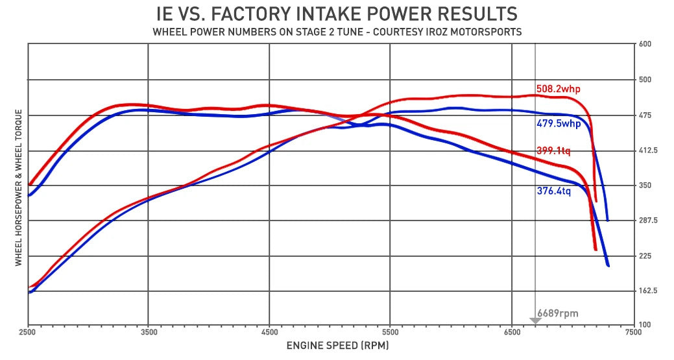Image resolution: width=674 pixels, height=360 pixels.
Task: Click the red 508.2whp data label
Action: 558,90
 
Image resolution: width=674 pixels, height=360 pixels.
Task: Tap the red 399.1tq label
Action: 553,150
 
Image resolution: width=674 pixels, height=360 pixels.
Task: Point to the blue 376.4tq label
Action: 553,191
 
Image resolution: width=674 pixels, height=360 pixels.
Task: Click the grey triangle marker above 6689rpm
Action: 535,320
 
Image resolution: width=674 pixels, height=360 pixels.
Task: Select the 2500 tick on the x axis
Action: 29,332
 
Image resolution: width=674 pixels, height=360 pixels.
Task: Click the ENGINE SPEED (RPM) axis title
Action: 338,346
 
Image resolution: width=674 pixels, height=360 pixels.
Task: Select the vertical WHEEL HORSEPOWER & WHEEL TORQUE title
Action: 18,187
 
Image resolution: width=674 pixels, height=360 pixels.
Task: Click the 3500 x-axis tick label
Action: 149,332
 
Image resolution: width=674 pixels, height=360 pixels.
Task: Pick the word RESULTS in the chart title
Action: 477,14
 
